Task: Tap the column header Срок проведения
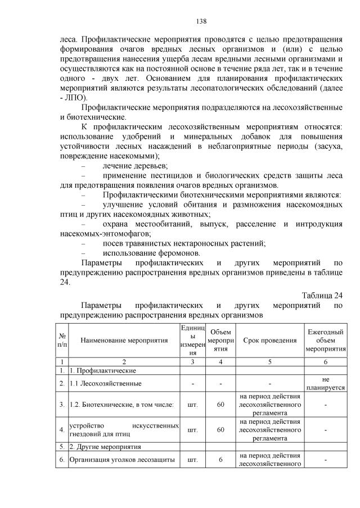coord(269,340)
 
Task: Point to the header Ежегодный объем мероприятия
coord(325,340)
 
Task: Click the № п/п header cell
coord(61,340)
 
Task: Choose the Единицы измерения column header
coord(192,340)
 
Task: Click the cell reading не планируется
coord(325,383)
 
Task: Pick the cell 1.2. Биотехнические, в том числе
coord(121,404)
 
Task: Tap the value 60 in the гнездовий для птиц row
coord(220,429)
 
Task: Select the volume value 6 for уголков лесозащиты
coord(220,459)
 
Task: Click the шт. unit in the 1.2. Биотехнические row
coord(192,404)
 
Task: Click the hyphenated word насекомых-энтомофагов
coord(105,233)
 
